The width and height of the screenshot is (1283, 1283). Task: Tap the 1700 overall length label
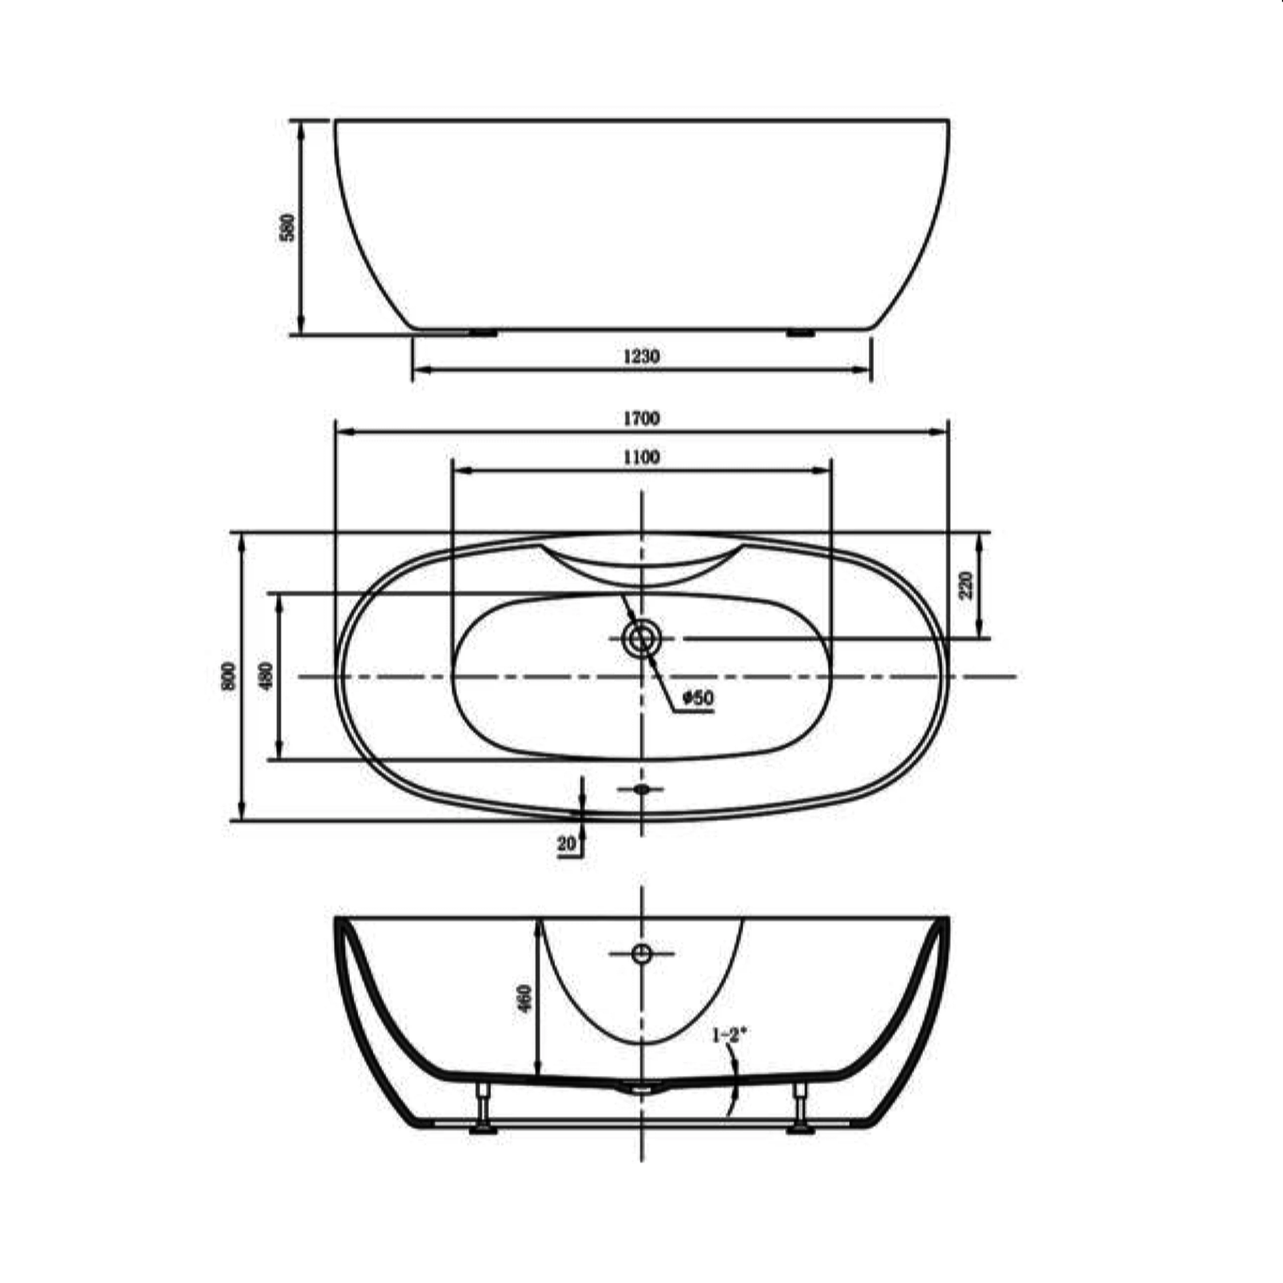tap(641, 418)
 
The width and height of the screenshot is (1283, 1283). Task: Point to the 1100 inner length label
tap(641, 457)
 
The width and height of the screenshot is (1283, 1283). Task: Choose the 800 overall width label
tap(228, 676)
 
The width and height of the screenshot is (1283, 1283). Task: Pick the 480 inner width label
tap(266, 676)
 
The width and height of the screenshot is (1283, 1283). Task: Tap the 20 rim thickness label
tap(566, 844)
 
